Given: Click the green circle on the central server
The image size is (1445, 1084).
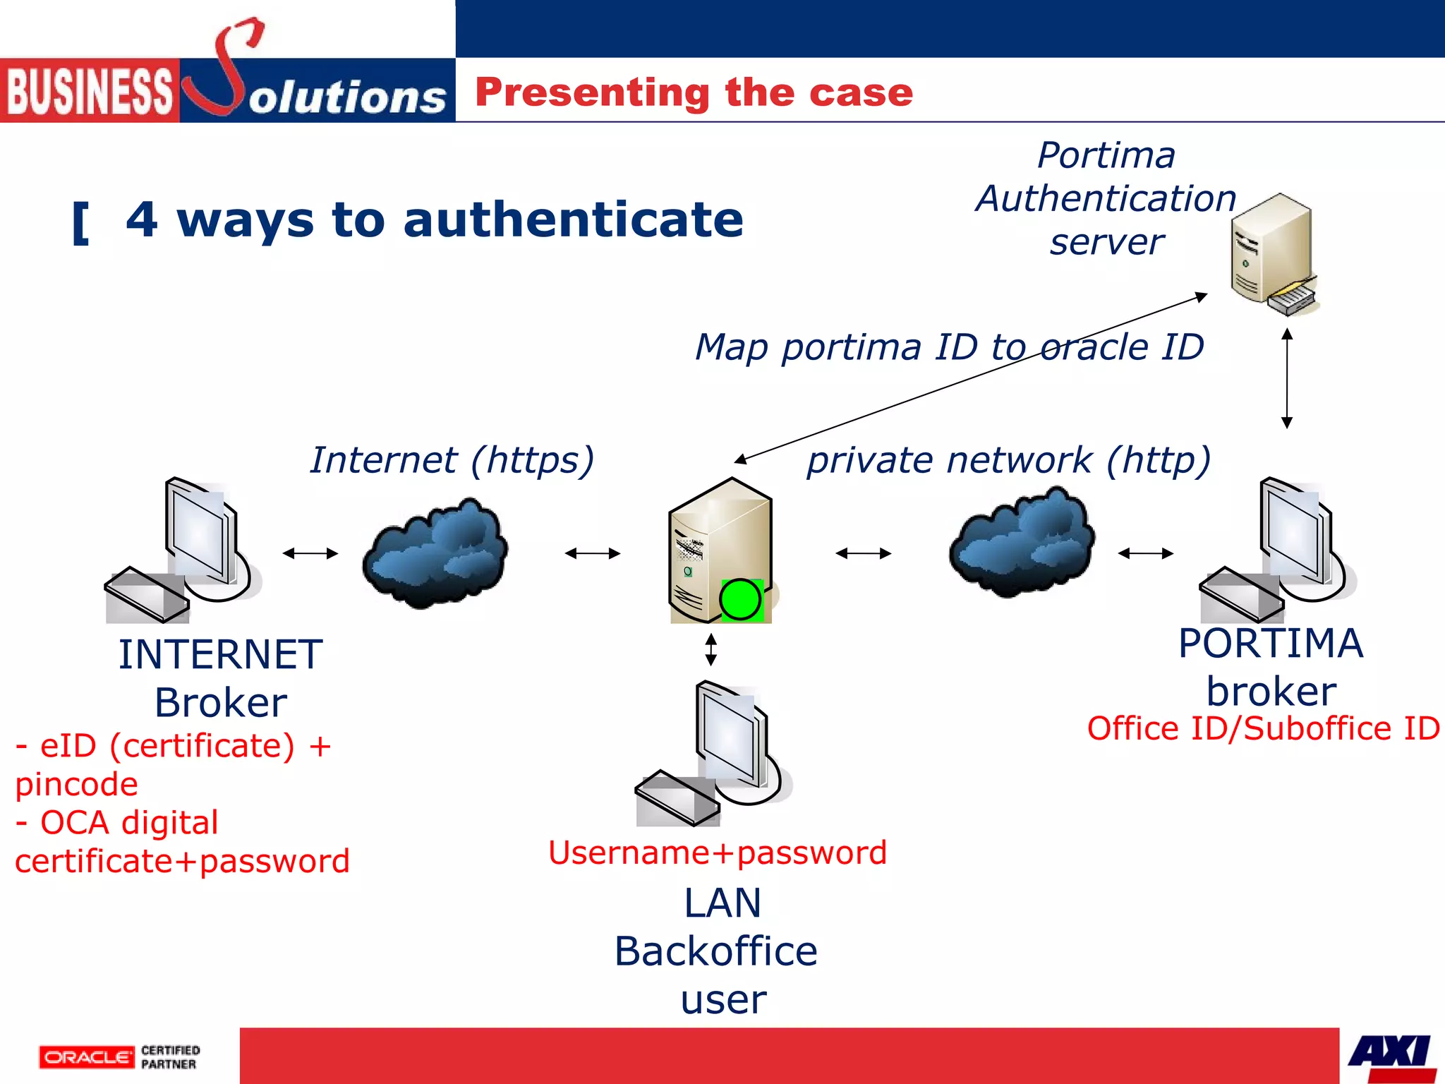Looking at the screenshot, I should point(740,600).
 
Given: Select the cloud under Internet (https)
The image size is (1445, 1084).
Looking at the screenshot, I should point(435,553).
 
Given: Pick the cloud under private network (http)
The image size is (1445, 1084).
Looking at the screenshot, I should point(1022,542).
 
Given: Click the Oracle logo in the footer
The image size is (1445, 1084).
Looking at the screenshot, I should point(86,1056).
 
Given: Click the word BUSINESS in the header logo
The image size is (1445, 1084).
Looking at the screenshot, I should point(89,92).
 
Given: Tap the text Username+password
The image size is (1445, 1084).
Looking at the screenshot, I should point(717,853).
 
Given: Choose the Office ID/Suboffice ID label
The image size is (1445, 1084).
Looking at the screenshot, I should point(1263,728).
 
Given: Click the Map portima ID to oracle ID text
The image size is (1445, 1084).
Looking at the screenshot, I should point(949,347).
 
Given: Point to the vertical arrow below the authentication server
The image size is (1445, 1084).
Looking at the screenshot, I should point(1287,378).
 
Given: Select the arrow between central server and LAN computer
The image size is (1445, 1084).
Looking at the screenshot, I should point(711,649).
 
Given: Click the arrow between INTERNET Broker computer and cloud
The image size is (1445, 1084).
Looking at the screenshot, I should point(310,553).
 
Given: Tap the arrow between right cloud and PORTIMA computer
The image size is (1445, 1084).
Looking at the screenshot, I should point(1146,553).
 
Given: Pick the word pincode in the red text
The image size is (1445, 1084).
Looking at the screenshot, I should point(76,785).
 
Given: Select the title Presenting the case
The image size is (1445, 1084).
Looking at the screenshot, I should point(694,92).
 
